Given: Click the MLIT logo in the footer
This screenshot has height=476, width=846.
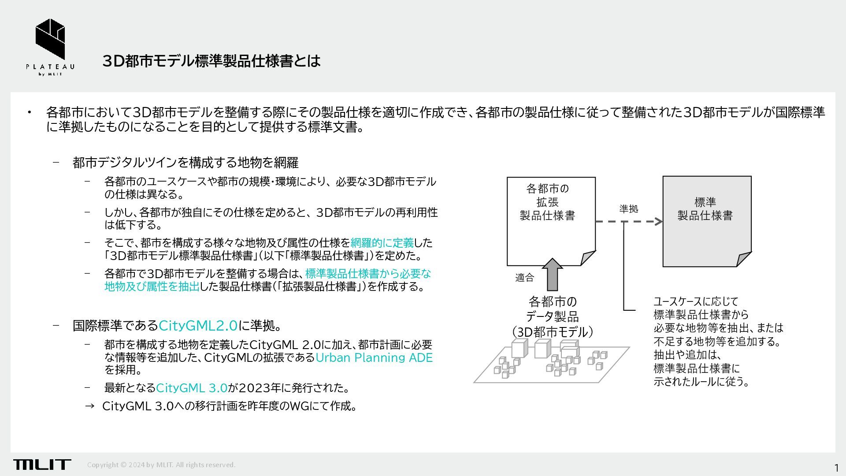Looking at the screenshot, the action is (42, 464).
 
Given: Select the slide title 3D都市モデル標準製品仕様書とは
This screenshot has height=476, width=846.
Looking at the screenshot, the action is (211, 61).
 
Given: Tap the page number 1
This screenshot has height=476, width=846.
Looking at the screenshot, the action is (836, 468).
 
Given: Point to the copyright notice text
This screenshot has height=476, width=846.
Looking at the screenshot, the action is (161, 465).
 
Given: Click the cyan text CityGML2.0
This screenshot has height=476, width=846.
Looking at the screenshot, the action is (198, 326).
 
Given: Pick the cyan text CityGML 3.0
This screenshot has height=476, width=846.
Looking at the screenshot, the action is (192, 388).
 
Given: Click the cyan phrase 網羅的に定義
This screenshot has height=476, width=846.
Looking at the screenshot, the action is (382, 242).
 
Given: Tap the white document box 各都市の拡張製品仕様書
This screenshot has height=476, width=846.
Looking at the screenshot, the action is (550, 220).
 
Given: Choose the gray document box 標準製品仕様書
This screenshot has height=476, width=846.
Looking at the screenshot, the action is (706, 220).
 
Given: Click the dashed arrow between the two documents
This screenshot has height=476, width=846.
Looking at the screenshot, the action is (629, 221).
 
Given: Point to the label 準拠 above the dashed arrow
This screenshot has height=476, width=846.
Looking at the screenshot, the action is (629, 208).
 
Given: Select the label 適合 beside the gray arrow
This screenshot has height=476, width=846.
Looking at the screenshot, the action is (524, 277).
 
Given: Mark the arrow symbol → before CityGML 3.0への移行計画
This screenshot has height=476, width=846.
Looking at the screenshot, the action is (89, 406).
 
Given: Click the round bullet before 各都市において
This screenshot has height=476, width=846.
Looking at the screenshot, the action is (30, 112).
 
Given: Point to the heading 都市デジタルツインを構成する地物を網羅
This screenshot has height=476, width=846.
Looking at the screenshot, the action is (186, 163).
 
